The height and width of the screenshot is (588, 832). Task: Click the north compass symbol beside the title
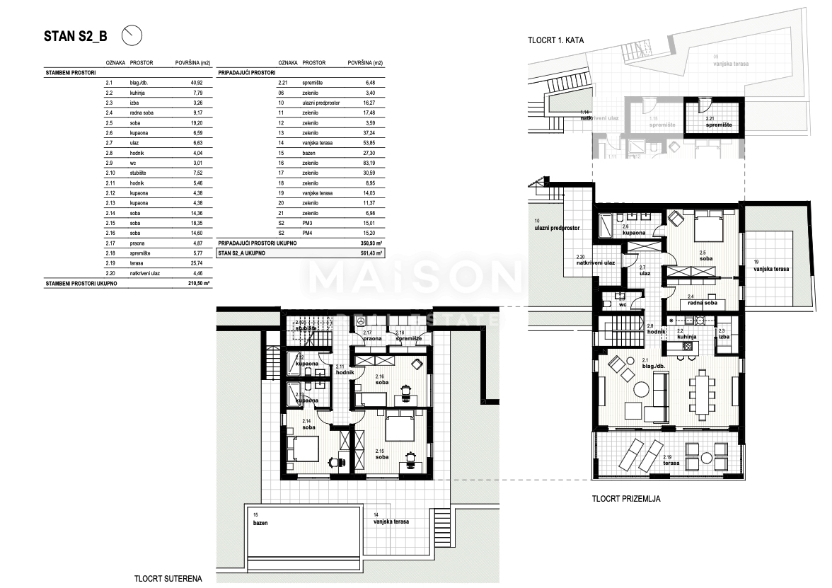pos(132,34)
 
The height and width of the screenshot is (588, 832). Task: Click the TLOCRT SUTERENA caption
pos(168,578)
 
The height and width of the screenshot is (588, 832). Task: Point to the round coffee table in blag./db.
pos(642,390)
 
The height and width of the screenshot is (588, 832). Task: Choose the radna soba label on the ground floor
pos(702,303)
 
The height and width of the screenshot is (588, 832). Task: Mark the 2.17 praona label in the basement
pos(373,335)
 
